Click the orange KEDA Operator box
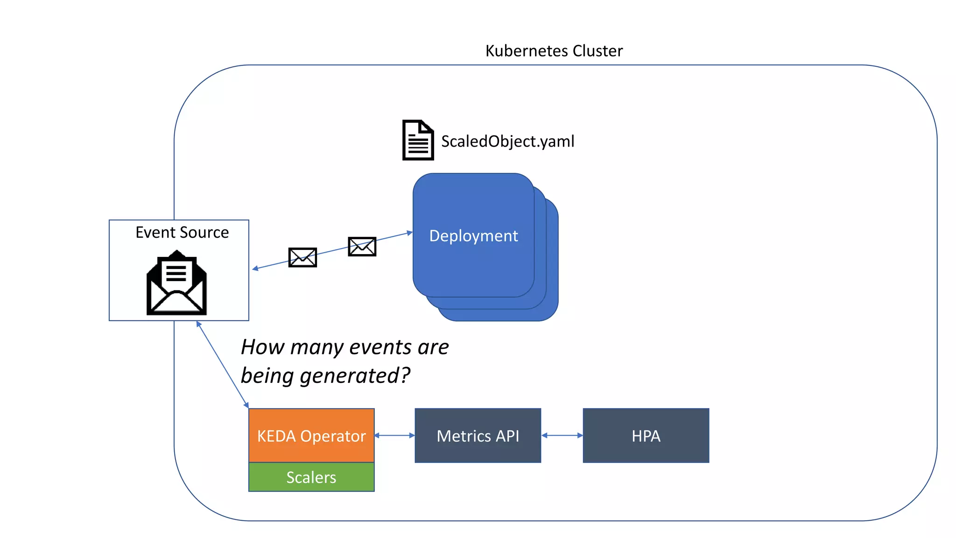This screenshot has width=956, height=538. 311,435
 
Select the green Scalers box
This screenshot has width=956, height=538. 311,477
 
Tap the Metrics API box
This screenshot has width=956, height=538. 478,436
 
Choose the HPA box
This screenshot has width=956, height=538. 646,436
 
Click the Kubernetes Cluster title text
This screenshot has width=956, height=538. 554,50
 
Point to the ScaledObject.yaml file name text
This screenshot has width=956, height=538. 507,141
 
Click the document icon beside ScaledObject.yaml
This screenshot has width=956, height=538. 418,140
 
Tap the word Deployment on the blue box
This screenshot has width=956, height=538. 473,236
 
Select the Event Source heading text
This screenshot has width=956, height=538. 182,232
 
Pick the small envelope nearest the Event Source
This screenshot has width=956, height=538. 302,257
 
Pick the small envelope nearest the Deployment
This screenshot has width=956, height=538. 362,247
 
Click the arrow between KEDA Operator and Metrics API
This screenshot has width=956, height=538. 394,435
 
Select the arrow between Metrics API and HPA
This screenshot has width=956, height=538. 562,435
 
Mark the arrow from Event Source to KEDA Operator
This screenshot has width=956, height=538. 222,364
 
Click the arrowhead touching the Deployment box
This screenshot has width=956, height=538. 410,233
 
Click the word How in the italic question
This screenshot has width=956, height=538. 262,347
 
